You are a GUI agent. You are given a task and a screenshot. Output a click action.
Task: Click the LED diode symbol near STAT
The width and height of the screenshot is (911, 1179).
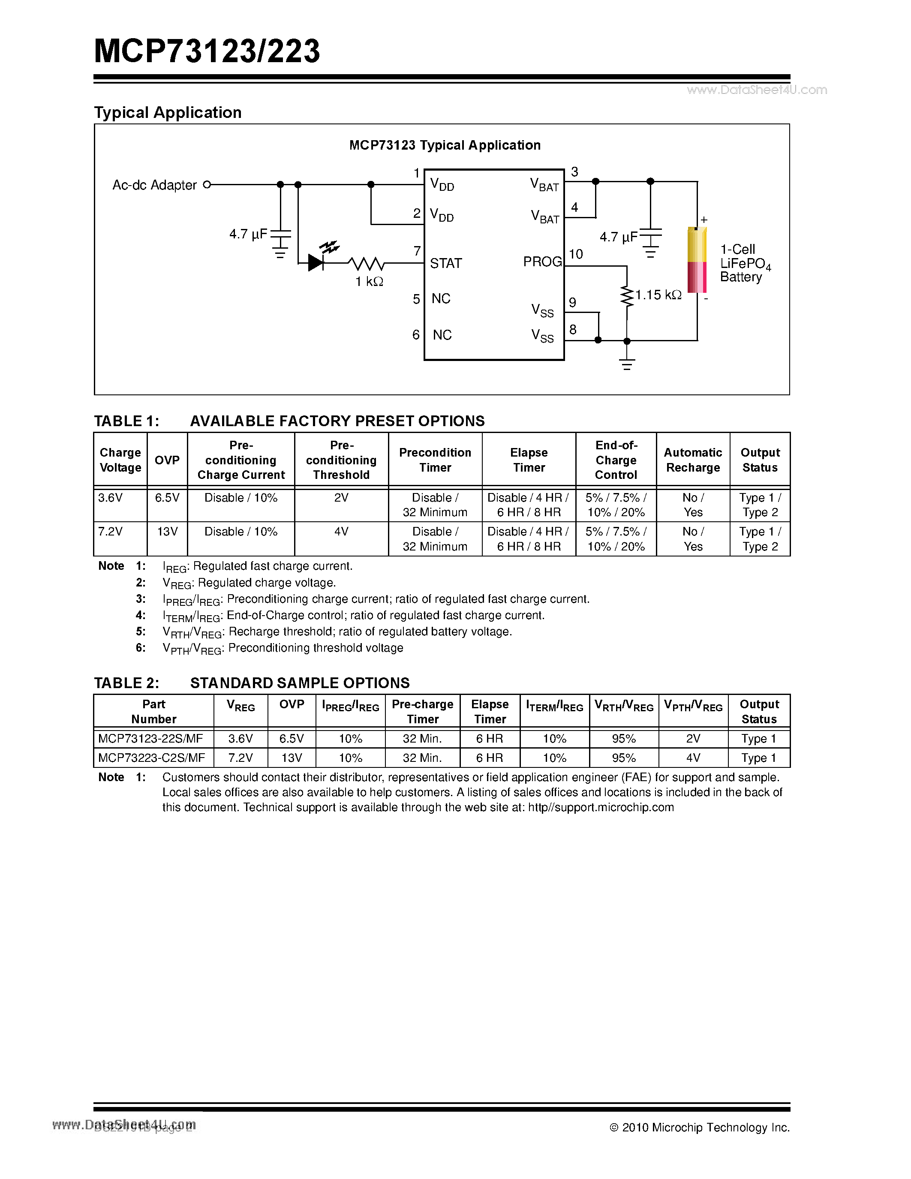pos(316,263)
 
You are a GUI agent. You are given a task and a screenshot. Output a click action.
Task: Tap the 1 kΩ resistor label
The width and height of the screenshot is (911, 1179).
pos(369,282)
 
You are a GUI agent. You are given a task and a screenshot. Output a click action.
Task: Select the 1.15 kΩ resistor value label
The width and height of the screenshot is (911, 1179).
pos(658,295)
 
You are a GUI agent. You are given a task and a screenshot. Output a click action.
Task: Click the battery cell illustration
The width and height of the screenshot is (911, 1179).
pos(697,260)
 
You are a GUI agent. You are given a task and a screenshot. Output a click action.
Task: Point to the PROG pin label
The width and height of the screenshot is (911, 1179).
pos(542,262)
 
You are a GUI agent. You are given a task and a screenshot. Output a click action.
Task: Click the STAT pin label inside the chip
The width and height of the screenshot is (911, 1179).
pos(446,263)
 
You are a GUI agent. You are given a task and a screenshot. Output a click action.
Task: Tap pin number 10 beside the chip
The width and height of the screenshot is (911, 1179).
pos(576,254)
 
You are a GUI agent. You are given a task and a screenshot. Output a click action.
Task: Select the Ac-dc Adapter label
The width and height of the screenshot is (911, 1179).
pos(154,185)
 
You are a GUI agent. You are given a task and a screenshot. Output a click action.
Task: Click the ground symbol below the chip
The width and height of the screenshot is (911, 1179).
pos(627,364)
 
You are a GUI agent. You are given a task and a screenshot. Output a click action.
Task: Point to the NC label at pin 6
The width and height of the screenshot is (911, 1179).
pos(442,335)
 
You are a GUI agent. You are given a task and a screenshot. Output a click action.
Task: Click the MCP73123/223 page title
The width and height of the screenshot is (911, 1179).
pos(207,52)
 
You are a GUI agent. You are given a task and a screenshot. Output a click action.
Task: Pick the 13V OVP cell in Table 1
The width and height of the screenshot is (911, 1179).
pos(167,532)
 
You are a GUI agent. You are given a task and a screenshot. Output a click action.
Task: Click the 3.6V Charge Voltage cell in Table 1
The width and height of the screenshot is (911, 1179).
pos(111,498)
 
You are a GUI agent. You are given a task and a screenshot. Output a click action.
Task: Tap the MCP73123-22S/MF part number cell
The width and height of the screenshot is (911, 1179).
pos(150,739)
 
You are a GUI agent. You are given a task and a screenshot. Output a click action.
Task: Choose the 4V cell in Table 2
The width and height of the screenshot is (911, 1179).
pos(693,758)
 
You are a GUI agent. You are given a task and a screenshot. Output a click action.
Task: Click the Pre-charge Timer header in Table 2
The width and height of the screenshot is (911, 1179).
pos(423,712)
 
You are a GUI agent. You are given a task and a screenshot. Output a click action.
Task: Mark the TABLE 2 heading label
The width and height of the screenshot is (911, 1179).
pos(126,683)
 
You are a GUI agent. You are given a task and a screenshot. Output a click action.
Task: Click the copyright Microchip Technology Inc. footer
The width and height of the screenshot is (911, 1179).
pos(700,1127)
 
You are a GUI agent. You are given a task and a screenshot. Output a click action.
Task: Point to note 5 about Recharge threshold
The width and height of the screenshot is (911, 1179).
pos(337,632)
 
